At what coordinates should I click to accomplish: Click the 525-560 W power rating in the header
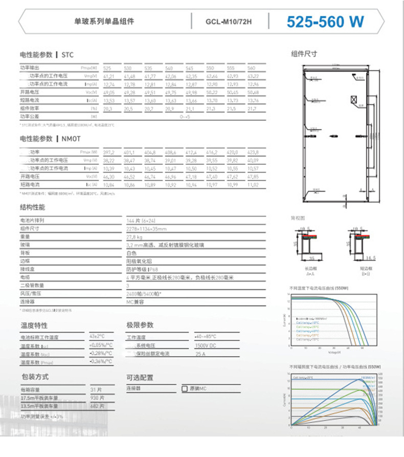pyautogui.click(x=325, y=22)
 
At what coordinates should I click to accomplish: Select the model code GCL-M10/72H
pyautogui.click(x=229, y=23)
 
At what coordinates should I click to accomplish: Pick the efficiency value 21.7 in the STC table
pyautogui.click(x=252, y=109)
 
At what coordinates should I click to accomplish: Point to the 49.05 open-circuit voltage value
pyautogui.click(x=109, y=93)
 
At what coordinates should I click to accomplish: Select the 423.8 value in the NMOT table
pyautogui.click(x=253, y=153)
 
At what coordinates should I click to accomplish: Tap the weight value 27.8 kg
pyautogui.click(x=134, y=237)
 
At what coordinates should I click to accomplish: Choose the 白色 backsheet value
pyautogui.click(x=131, y=253)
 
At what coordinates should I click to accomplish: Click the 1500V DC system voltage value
pyautogui.click(x=205, y=345)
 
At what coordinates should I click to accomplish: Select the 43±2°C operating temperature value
pyautogui.click(x=97, y=337)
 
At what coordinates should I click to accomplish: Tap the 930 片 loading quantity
pyautogui.click(x=97, y=398)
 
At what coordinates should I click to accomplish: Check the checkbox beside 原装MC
pyautogui.click(x=185, y=389)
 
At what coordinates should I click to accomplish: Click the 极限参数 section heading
pyautogui.click(x=140, y=325)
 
